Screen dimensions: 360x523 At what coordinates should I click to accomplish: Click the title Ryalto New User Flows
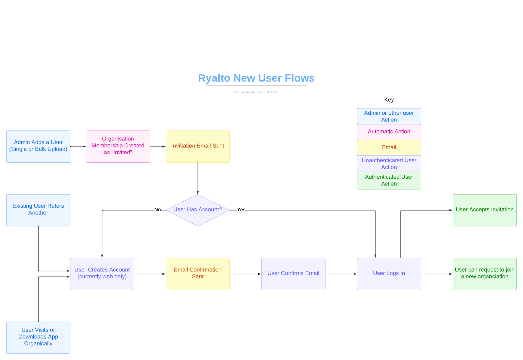(x=256, y=78)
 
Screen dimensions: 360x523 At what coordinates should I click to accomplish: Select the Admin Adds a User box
(x=38, y=146)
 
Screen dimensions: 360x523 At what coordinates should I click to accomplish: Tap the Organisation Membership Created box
(x=118, y=146)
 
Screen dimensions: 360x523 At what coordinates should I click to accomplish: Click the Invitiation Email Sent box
(x=197, y=146)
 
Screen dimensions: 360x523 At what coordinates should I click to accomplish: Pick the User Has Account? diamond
(x=197, y=210)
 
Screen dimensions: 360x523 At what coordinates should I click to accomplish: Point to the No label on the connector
(x=158, y=210)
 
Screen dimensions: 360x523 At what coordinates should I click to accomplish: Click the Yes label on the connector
(x=241, y=210)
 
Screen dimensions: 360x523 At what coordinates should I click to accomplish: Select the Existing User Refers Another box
(x=38, y=210)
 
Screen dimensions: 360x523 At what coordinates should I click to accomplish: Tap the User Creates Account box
(x=102, y=274)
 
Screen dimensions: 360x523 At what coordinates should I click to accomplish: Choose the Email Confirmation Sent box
(x=197, y=274)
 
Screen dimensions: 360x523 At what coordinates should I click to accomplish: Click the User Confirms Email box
(x=293, y=274)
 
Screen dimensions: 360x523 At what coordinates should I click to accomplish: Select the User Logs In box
(x=389, y=274)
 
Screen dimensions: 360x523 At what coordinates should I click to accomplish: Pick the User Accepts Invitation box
(x=484, y=210)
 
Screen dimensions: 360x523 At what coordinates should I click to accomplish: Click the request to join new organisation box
(x=484, y=274)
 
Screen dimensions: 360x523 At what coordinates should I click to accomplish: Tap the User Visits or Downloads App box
(x=38, y=337)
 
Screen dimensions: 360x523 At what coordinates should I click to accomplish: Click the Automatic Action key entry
(x=389, y=132)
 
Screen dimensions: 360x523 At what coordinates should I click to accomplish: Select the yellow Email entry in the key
(x=389, y=147)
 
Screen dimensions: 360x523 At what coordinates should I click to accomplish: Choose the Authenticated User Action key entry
(x=389, y=180)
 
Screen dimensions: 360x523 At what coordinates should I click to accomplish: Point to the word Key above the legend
(x=389, y=100)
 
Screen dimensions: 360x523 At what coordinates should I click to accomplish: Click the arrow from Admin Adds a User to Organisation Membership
(x=78, y=147)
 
